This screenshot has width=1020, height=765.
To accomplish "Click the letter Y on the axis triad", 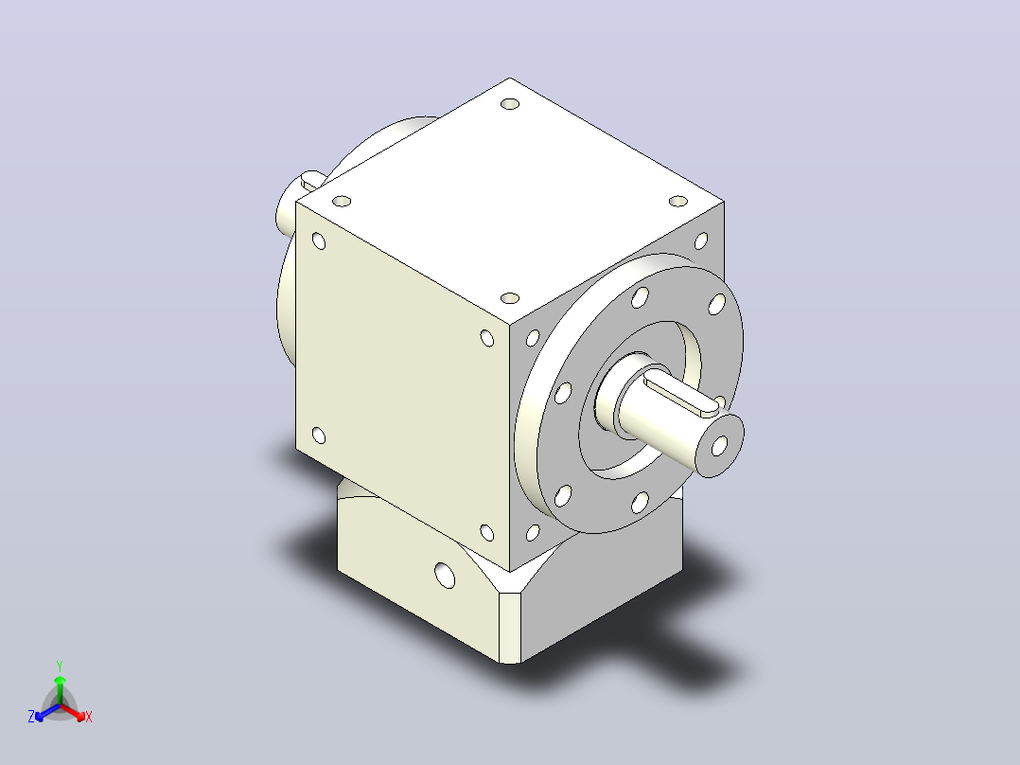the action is [60, 666].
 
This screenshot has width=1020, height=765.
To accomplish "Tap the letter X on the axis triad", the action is [89, 717].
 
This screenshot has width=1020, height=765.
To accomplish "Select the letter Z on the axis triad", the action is [31, 717].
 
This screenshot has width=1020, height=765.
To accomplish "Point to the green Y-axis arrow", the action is [60, 690].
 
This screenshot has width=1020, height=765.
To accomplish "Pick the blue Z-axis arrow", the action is [47, 713].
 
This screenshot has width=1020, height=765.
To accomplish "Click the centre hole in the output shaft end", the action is [719, 446].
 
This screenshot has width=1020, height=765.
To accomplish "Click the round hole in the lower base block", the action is [445, 576].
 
